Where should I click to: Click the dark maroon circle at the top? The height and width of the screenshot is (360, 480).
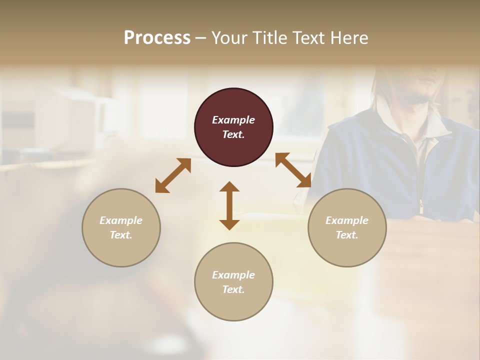(233, 127)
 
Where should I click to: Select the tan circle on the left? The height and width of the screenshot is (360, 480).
(121, 227)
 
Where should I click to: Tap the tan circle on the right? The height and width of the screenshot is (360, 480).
(347, 227)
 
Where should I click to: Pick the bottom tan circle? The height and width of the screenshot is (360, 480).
(233, 282)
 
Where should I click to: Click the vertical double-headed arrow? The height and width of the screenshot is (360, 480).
(229, 205)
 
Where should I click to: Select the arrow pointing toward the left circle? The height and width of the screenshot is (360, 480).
(173, 175)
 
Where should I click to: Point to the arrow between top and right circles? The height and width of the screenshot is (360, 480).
(293, 170)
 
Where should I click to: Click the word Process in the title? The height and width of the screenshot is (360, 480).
(157, 38)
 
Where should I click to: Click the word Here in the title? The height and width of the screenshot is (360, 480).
(349, 38)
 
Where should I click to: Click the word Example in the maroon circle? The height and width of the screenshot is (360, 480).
(233, 120)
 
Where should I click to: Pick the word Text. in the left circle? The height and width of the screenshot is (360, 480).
(121, 235)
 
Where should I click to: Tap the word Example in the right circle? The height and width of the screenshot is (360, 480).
(347, 220)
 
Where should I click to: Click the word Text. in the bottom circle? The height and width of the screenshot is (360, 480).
(233, 289)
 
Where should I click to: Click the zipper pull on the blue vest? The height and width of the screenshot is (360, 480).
(421, 205)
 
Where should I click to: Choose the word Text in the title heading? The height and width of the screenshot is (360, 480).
(308, 38)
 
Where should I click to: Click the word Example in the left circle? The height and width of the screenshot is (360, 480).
(121, 220)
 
